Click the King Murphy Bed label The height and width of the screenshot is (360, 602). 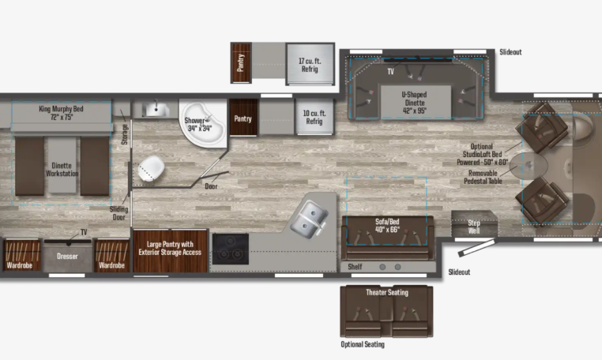click(61, 113)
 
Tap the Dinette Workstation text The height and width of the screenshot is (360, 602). click(62, 170)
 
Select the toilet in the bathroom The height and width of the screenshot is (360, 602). click(151, 168)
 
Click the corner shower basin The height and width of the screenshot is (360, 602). click(203, 124)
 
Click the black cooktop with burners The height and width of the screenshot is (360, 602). click(231, 249)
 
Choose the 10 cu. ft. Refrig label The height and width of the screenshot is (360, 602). click(314, 118)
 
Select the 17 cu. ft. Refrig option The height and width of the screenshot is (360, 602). click(310, 65)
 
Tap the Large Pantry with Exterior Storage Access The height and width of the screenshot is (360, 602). click(170, 249)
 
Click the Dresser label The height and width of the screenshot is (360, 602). click(67, 257)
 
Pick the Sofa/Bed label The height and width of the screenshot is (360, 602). click(387, 226)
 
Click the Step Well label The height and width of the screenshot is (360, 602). click(474, 227)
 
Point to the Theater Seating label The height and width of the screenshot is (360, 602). click(387, 292)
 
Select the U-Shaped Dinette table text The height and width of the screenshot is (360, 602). click(415, 103)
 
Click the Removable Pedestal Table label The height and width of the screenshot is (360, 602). click(483, 177)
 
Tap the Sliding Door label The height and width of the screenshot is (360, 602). click(119, 213)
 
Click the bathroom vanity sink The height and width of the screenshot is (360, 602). click(156, 110)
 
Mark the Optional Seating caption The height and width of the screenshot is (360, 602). click(363, 344)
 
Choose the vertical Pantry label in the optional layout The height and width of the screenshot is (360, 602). click(241, 62)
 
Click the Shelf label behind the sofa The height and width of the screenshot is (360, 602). click(355, 267)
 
